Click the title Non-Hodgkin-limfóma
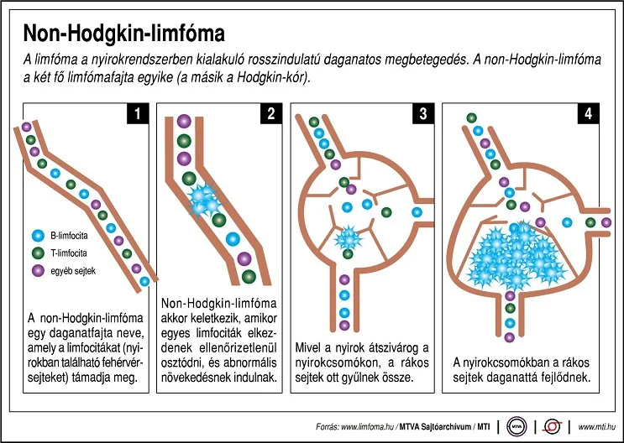[x=123, y=34]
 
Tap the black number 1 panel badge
[x=138, y=114]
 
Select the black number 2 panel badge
[x=271, y=114]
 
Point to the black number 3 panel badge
[x=423, y=114]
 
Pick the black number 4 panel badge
[x=588, y=114]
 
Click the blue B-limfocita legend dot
[x=38, y=236]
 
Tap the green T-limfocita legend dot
[x=38, y=253]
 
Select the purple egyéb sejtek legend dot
[x=38, y=271]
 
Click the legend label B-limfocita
[x=69, y=236]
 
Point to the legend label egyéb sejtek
[x=73, y=271]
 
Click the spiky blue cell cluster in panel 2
[x=204, y=200]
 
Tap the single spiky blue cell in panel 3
[x=349, y=237]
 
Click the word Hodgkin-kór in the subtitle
[x=272, y=77]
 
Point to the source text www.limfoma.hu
[x=367, y=427]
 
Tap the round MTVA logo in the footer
[x=517, y=427]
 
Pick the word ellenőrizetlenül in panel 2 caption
[x=244, y=348]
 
